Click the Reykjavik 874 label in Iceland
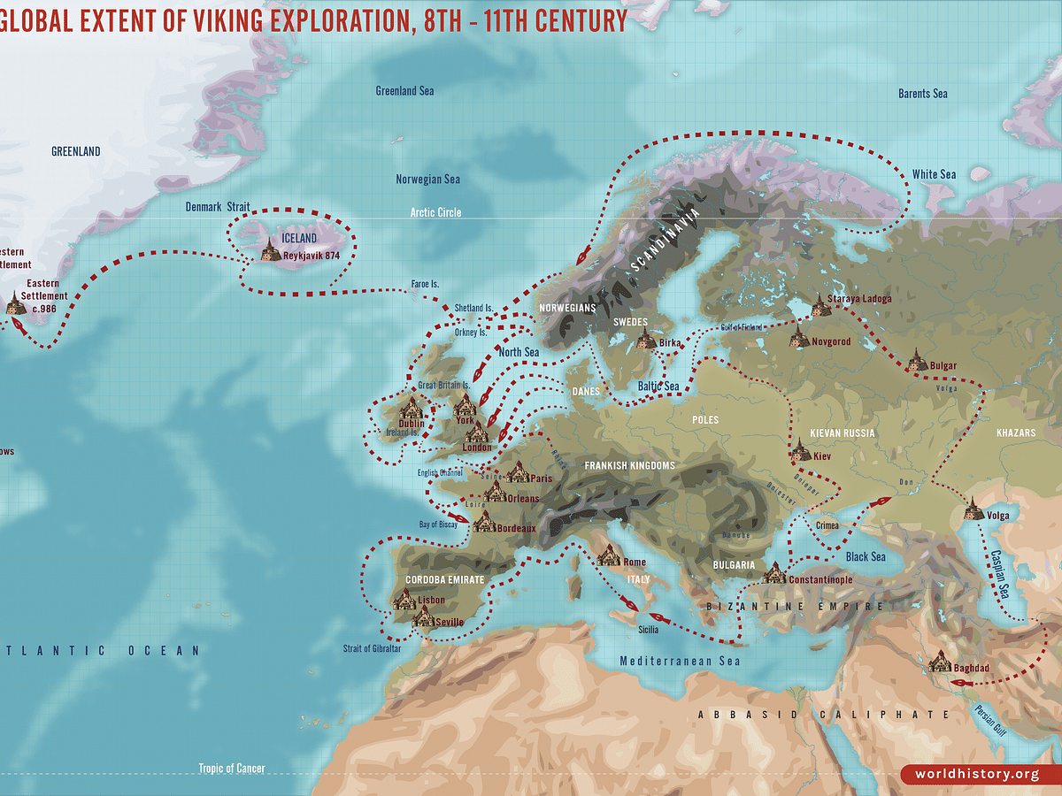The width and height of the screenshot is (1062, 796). (312, 256)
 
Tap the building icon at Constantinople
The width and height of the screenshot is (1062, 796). (774, 572)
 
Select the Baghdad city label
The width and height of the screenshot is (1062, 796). (971, 669)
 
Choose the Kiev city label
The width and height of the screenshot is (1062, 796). (823, 456)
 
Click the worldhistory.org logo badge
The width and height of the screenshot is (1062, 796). (977, 775)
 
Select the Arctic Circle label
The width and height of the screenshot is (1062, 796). (435, 213)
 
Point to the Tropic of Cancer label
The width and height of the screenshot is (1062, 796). (232, 769)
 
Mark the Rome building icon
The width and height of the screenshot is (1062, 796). (609, 555)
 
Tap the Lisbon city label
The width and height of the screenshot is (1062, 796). (432, 601)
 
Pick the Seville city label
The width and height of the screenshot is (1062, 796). (450, 622)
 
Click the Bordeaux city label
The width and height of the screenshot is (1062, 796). (517, 529)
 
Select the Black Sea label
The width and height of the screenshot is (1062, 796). (865, 557)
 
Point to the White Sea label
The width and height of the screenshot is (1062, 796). (934, 174)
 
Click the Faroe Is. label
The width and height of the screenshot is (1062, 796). (425, 285)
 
